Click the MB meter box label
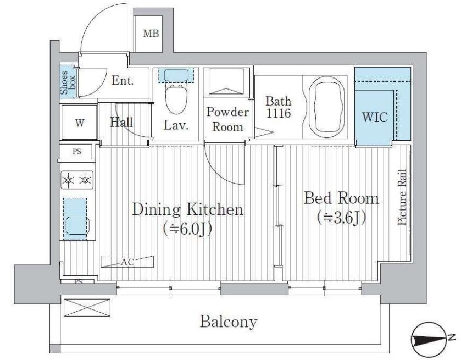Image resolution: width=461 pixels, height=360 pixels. click(x=151, y=34)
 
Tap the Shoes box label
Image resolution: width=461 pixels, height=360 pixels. click(x=68, y=82)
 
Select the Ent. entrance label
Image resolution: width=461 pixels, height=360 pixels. click(x=123, y=80)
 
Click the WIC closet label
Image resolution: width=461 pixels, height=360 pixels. click(x=375, y=117)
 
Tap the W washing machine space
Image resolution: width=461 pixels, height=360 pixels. click(x=79, y=123)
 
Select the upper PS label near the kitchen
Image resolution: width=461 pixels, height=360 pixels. click(x=77, y=152)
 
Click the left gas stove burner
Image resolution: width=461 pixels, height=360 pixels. click(x=68, y=180)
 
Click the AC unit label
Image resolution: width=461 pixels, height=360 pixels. click(x=127, y=262)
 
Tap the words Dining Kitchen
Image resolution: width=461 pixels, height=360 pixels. click(x=188, y=209)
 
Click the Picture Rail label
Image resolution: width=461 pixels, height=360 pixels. click(x=402, y=197)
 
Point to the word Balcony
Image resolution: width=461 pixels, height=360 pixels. click(x=229, y=322)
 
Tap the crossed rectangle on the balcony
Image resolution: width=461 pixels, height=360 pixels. click(x=87, y=308)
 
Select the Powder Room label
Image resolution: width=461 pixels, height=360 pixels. click(x=227, y=119)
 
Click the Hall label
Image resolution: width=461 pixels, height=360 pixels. click(x=121, y=122)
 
